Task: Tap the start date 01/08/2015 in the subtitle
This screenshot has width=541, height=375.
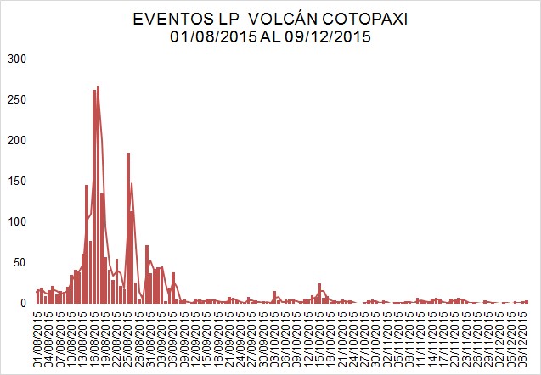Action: pos(210,36)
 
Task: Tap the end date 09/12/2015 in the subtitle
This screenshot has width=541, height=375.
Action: pos(333,36)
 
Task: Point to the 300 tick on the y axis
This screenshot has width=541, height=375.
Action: pos(18,59)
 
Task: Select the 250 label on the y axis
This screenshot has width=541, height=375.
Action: pos(18,99)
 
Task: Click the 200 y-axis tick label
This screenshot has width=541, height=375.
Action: pos(18,140)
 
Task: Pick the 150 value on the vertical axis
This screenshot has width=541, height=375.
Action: pos(18,181)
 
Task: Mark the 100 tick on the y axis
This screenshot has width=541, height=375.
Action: pos(18,221)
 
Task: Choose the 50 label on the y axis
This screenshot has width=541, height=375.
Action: pos(21,262)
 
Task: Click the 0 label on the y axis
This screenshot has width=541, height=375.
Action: pos(25,303)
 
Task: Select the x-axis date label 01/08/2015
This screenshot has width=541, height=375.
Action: pos(38,337)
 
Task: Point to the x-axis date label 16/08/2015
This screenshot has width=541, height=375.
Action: pos(95,337)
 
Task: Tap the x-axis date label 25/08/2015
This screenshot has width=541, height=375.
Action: pos(129,337)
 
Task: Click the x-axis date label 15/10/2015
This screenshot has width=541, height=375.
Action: pos(320,337)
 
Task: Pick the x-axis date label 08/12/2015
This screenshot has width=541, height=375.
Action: pos(525,337)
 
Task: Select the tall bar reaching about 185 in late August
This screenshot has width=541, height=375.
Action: pos(128,229)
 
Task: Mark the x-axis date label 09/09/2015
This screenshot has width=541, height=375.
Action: pos(185,337)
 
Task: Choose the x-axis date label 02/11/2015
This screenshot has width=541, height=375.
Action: pos(388,337)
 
